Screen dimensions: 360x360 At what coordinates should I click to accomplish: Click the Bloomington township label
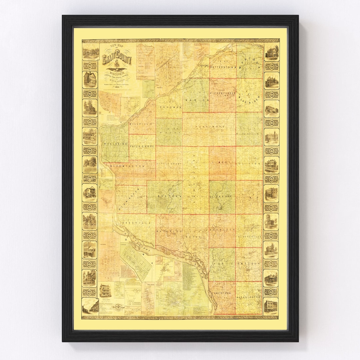click(x=129, y=166)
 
